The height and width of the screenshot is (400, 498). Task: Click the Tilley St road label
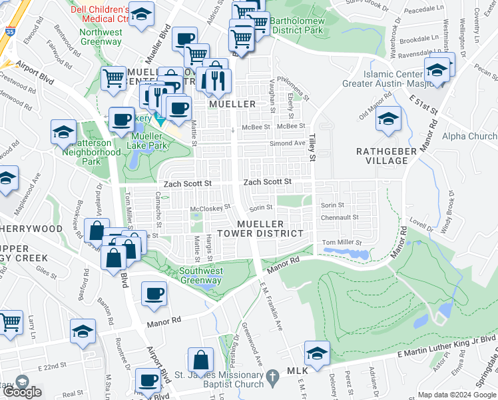point(311,147)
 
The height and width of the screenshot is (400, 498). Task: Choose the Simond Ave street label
point(286,143)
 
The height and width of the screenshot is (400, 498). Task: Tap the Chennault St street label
point(340,217)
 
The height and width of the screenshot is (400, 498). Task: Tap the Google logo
point(21,392)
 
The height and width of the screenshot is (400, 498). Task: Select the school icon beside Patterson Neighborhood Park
point(63,131)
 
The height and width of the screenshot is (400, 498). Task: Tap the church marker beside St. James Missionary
point(272,378)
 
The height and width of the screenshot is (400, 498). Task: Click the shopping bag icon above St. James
point(200,360)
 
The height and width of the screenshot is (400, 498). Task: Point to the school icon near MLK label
point(317,353)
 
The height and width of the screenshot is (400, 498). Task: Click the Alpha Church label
point(473,137)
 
